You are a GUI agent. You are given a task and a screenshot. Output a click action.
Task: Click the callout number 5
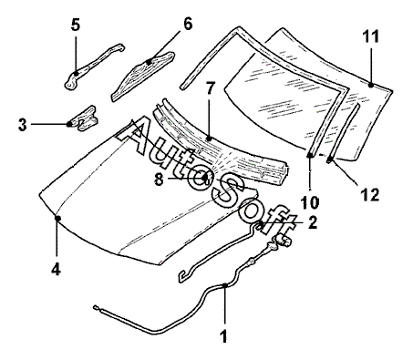pos(76,25)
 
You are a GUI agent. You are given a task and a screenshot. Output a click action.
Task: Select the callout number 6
pos(188,24)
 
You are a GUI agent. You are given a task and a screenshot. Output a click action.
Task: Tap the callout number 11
pos(371,36)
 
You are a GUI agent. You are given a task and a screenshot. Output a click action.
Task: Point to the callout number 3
pos(23,125)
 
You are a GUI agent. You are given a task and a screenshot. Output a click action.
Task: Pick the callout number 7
pos(211,87)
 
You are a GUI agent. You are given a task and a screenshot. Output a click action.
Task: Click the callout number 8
pos(159,180)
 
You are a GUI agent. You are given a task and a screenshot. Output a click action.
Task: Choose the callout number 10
pos(310,202)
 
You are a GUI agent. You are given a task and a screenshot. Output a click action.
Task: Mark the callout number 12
pos(370,195)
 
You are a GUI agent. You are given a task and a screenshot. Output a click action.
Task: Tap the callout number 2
pos(313,222)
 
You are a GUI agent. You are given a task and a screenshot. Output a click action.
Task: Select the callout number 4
pos(56,269)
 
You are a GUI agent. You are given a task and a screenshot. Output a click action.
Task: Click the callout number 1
pos(224,336)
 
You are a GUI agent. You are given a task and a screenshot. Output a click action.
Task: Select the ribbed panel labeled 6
pos(143,76)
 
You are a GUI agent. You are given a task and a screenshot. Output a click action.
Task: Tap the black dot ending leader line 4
pos(57,218)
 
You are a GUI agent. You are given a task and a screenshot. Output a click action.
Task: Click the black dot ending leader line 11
pos(371,86)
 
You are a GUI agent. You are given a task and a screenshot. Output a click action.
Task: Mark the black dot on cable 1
pos(224,285)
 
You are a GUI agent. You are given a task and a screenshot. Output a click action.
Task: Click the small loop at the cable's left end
pos(96,308)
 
